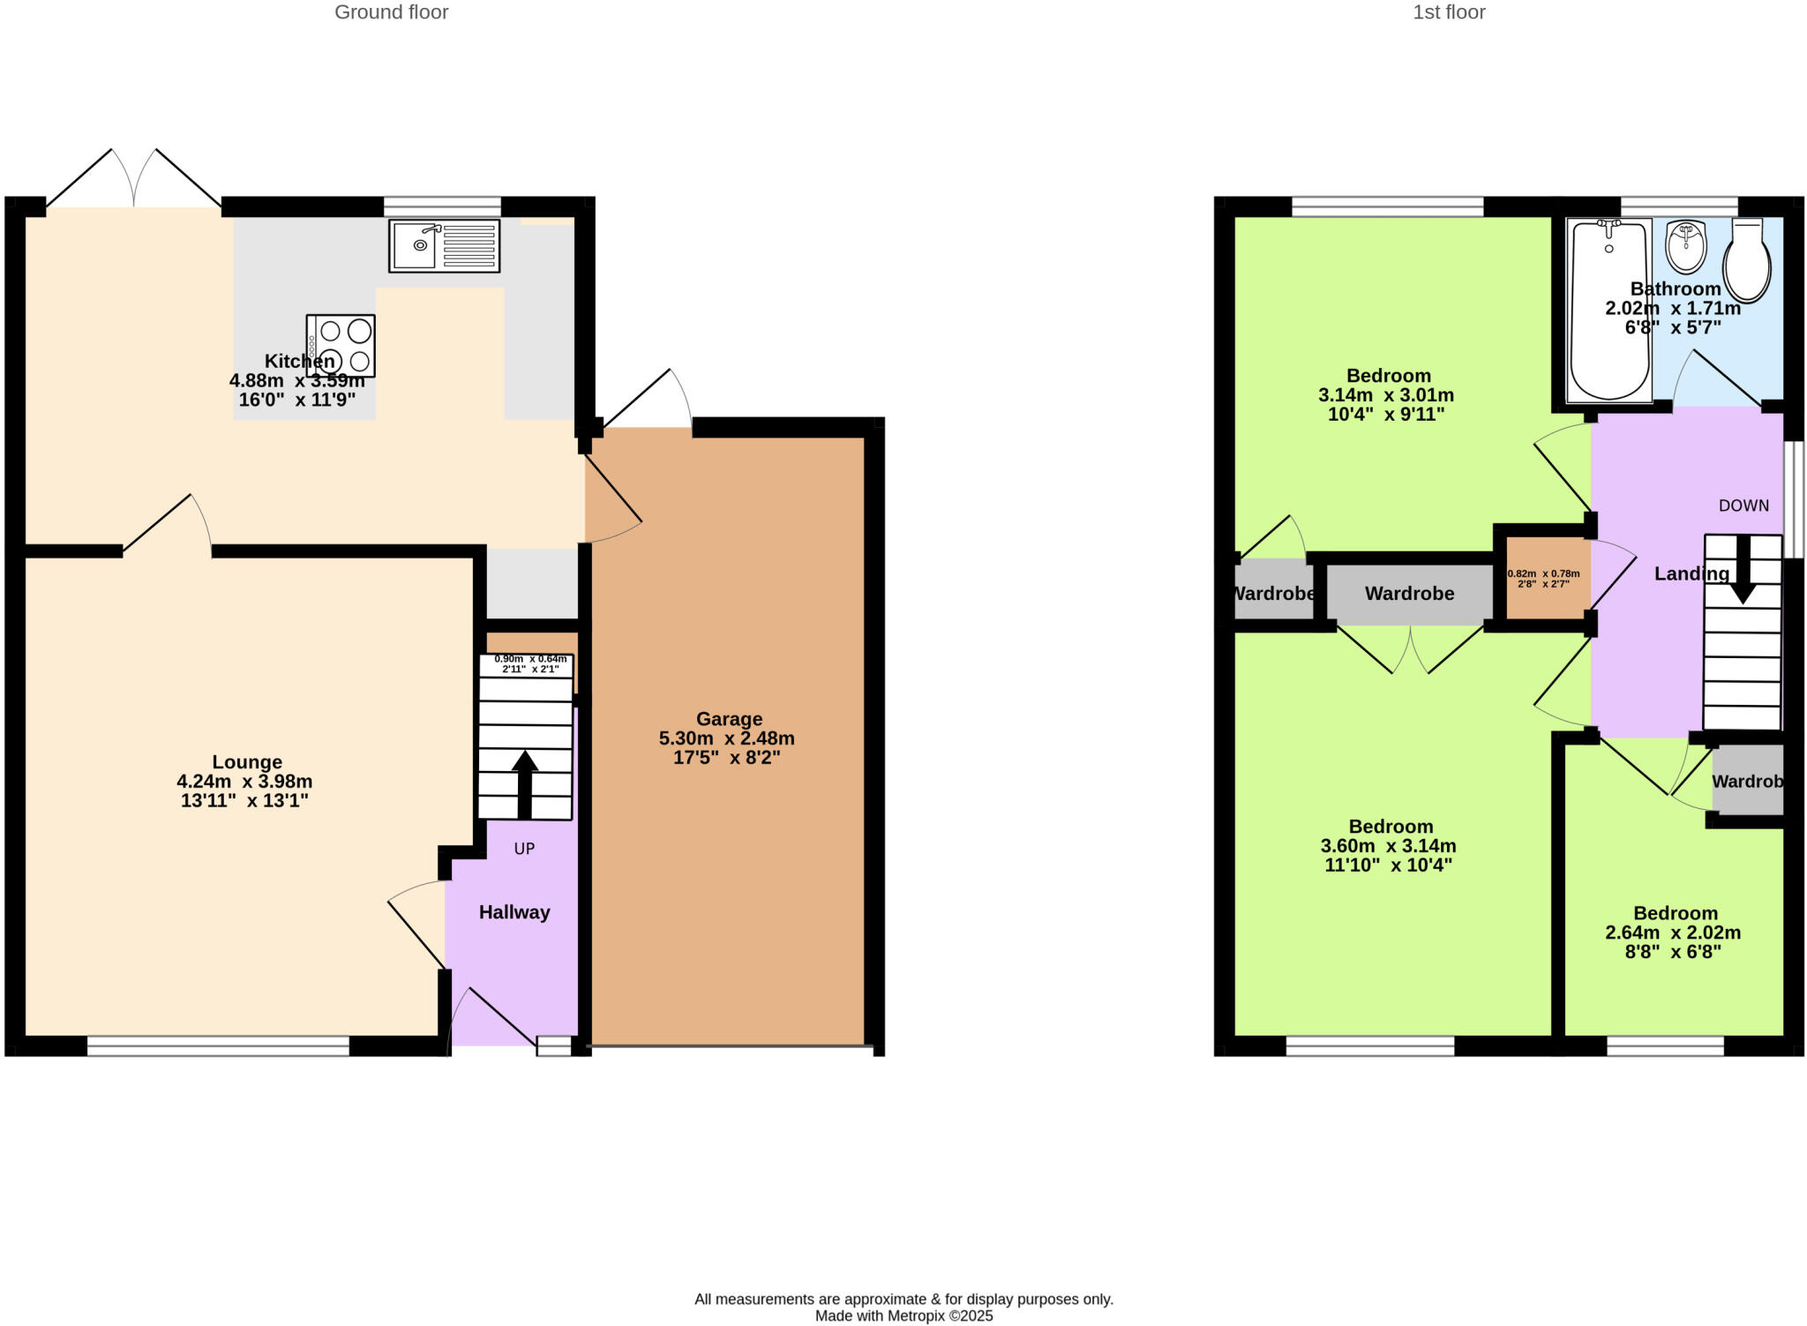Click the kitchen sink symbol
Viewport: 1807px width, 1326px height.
click(444, 245)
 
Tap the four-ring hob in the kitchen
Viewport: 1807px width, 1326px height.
click(341, 345)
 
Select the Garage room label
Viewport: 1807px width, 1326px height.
click(729, 719)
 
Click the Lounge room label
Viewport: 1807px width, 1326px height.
click(247, 762)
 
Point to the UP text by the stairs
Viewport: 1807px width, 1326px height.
click(524, 849)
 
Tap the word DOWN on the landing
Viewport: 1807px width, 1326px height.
click(1743, 506)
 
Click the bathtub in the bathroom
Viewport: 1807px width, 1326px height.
click(1609, 310)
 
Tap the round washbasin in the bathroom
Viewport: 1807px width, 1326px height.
click(1686, 246)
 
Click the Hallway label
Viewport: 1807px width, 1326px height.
click(514, 912)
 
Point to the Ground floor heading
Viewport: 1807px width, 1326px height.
click(391, 12)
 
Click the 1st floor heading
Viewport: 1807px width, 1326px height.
click(1449, 12)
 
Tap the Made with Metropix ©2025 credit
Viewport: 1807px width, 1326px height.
click(903, 1316)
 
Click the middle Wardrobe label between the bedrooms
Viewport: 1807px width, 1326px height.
click(1409, 594)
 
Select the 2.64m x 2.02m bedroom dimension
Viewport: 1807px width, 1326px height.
click(1673, 933)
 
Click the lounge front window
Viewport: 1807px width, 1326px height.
click(218, 1046)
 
